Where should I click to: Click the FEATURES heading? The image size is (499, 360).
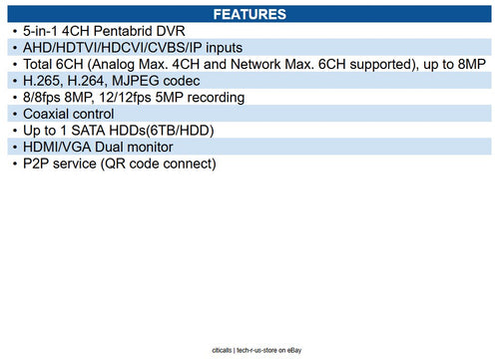[249, 14]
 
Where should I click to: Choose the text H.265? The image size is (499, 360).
[43, 81]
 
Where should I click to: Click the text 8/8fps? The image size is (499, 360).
[46, 98]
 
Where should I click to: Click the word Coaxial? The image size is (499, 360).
[50, 114]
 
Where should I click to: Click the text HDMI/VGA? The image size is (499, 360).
[58, 148]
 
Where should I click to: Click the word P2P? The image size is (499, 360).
[38, 164]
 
